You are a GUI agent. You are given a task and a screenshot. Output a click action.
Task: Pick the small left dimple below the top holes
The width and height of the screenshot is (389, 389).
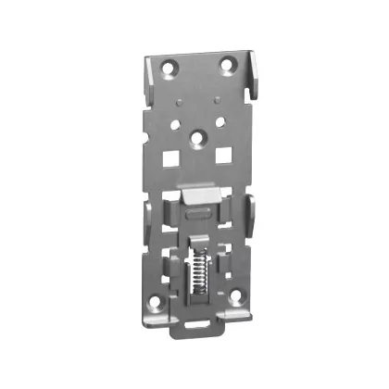(x=176, y=95)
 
